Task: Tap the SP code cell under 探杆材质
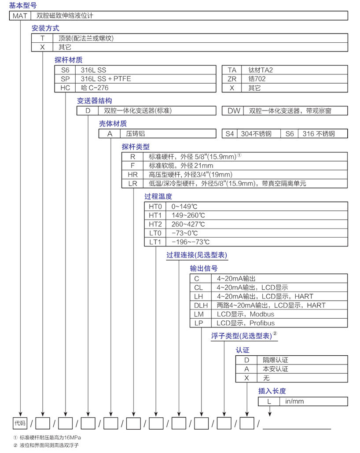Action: tap(65, 79)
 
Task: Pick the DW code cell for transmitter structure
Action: tap(234, 111)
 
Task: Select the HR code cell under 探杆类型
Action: tap(133, 174)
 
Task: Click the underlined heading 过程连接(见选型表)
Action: tap(197, 255)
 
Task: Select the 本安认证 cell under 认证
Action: tap(276, 369)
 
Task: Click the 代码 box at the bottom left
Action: tap(20, 424)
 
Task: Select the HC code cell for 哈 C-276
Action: tap(65, 88)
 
